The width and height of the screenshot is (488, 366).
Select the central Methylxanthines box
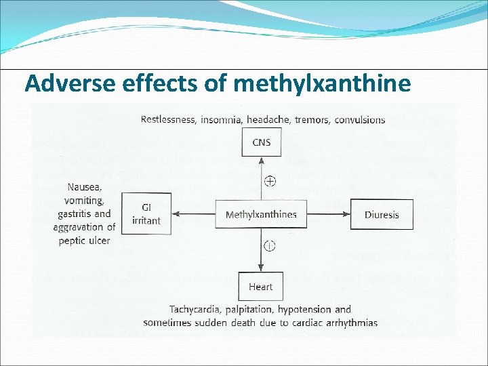(261, 215)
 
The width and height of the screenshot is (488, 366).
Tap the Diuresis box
(382, 215)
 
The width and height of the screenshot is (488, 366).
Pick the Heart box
(260, 287)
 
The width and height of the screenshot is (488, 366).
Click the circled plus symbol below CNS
(270, 181)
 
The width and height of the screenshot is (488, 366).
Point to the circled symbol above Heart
(270, 245)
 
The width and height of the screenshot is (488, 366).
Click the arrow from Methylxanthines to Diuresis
(329, 215)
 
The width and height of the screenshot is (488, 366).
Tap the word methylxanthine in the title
(322, 83)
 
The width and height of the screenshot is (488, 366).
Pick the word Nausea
(85, 188)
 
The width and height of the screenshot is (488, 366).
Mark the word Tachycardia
(197, 310)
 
